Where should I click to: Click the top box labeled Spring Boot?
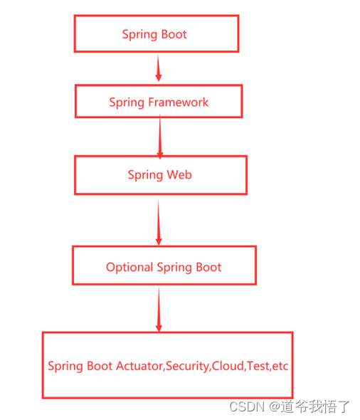click(x=156, y=34)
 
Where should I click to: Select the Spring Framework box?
click(x=159, y=102)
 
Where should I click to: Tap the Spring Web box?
click(x=160, y=175)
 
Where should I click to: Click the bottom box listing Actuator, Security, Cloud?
click(x=167, y=365)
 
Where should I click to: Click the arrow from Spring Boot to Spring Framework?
click(x=158, y=68)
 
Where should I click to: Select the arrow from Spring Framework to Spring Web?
click(x=160, y=137)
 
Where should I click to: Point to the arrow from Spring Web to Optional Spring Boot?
click(x=159, y=220)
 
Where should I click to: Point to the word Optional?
click(x=129, y=268)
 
